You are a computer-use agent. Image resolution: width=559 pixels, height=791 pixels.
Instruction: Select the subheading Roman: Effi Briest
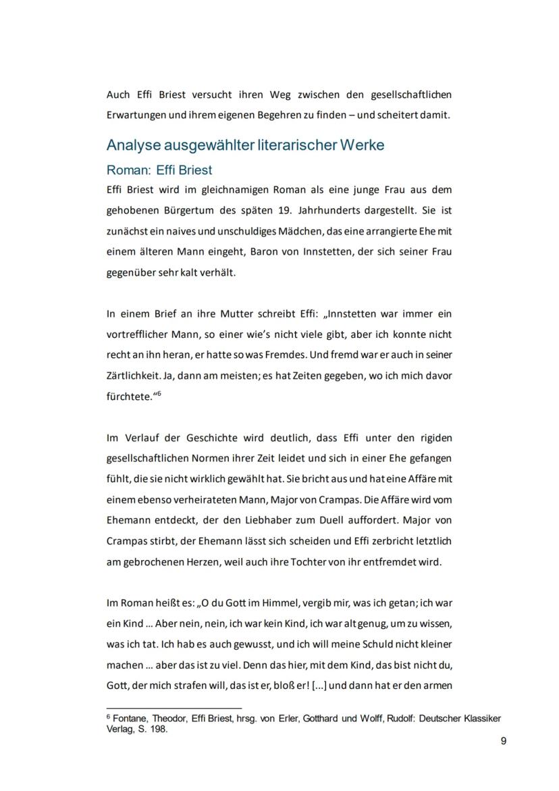[x=159, y=170]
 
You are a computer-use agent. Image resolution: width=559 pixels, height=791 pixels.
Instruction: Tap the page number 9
[x=504, y=741]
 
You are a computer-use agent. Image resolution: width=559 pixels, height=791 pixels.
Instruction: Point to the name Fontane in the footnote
[x=129, y=719]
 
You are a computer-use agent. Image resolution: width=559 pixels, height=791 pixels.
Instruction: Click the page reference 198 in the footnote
[x=158, y=730]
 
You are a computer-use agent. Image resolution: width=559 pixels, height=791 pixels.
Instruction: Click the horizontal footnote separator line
[x=174, y=709]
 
